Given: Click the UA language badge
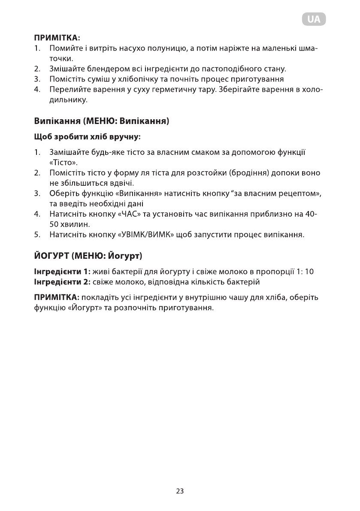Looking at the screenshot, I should click(x=313, y=19).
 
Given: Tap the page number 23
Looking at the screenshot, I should click(x=180, y=491).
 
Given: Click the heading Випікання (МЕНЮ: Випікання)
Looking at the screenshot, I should click(x=102, y=121).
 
